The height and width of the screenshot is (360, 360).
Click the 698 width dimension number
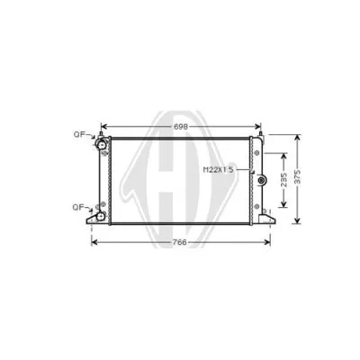pyautogui.click(x=181, y=127)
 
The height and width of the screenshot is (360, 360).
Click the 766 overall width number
pyautogui.click(x=181, y=242)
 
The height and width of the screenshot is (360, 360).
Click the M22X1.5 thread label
pyautogui.click(x=218, y=169)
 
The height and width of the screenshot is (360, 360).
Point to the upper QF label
pyautogui.click(x=79, y=135)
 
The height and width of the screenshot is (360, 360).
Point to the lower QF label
pyautogui.click(x=79, y=207)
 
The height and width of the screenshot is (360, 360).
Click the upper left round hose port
pyautogui.click(x=103, y=146)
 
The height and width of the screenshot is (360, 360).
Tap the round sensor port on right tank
pyautogui.click(x=262, y=184)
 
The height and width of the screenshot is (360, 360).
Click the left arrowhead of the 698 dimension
pyautogui.click(x=103, y=127)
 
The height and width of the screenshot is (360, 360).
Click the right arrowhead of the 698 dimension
pyautogui.click(x=260, y=127)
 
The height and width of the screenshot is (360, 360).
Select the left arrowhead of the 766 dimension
pyautogui.click(x=92, y=242)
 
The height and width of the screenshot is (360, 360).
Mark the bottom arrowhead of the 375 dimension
pyautogui.click(x=299, y=221)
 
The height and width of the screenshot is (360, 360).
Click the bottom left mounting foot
pyautogui.click(x=93, y=219)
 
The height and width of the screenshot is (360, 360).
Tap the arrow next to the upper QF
pyautogui.click(x=92, y=137)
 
